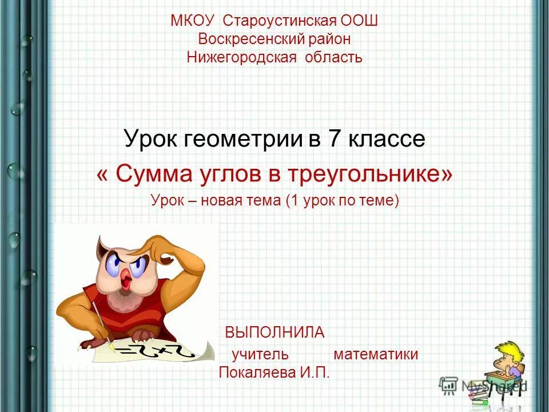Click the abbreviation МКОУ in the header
[192, 21]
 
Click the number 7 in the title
[331, 139]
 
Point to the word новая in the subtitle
[222, 201]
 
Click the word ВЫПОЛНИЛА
[274, 332]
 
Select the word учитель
[260, 354]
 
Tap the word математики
[376, 354]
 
